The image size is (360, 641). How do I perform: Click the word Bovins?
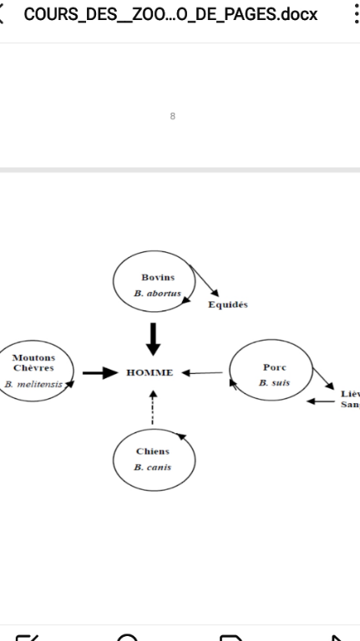(158, 277)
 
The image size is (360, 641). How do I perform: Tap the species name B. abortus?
(157, 293)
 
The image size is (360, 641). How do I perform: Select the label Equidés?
(228, 305)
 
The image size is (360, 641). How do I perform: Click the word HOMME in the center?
(150, 373)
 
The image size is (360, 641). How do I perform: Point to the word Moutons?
(33, 358)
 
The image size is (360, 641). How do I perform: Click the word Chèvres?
(33, 368)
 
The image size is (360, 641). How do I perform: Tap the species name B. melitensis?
(33, 384)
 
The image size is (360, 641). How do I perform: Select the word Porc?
(275, 367)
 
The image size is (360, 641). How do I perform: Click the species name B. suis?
(274, 383)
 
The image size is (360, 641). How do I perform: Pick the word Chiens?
(153, 452)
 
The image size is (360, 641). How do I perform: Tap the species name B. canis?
(153, 467)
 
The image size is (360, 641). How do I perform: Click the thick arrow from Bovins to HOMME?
(153, 339)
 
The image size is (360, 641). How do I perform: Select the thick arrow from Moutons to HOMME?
(100, 373)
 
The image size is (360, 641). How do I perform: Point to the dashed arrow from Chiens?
(153, 407)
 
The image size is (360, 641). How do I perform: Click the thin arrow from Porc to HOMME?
(202, 373)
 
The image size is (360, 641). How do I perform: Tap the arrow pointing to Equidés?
(204, 280)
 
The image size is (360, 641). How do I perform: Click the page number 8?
(173, 117)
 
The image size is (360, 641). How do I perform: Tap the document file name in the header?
(170, 15)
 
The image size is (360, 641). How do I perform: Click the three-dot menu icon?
(357, 15)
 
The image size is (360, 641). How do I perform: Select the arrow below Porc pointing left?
(321, 401)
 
